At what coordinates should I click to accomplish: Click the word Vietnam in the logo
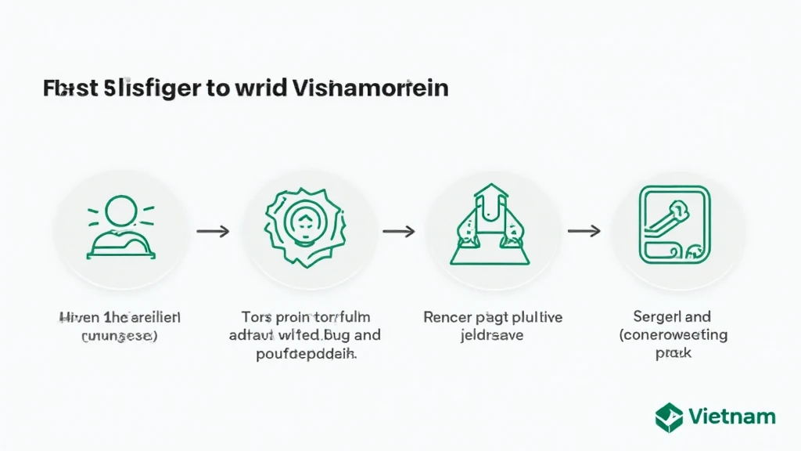733,417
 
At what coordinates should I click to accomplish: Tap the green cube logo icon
669,417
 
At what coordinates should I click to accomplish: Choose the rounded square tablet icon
675,225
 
